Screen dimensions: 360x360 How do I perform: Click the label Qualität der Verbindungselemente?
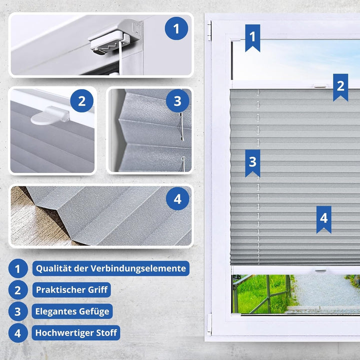[110, 268]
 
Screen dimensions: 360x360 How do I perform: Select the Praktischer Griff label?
[71, 289]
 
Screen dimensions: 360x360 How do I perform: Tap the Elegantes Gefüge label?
[72, 311]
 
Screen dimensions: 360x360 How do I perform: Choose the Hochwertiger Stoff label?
[76, 332]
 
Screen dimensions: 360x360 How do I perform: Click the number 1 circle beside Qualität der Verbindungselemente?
[17, 269]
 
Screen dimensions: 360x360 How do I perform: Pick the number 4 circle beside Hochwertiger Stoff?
[17, 333]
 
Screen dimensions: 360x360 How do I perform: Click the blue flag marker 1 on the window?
[252, 37]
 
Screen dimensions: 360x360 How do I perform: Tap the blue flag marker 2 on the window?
[340, 86]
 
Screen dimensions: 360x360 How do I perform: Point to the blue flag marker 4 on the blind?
[323, 219]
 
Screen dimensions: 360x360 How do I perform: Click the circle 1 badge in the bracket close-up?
[176, 28]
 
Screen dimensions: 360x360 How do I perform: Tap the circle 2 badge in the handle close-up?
[81, 102]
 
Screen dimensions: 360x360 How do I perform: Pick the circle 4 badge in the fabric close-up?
[177, 200]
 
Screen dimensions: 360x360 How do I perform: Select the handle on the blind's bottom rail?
[320, 270]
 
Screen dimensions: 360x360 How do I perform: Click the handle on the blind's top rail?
[319, 86]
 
